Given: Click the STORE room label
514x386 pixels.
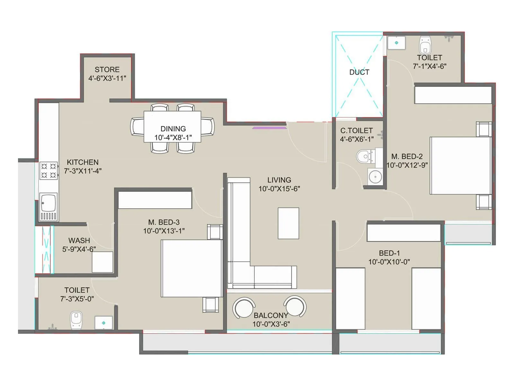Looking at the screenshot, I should click(107, 69).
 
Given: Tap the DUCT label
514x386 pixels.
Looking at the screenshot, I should click(359, 72).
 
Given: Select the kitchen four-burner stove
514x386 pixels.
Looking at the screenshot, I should click(49, 170).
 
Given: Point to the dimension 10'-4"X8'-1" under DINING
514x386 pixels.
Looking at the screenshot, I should click(173, 138).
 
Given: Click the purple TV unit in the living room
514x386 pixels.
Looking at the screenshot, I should click(269, 128).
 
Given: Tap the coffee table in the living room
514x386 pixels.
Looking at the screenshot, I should click(288, 223).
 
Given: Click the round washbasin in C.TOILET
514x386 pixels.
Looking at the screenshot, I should click(375, 177).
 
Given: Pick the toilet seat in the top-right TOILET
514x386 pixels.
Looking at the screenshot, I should click(425, 45).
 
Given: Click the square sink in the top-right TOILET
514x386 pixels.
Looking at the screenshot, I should click(396, 43).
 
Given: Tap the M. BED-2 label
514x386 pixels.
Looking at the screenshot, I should click(407, 157).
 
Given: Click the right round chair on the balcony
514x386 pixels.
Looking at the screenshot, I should click(295, 306).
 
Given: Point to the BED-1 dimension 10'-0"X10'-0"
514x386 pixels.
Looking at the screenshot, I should click(389, 262).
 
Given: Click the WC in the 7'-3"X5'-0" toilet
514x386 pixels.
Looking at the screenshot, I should click(76, 320).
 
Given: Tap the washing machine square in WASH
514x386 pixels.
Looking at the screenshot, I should click(102, 262).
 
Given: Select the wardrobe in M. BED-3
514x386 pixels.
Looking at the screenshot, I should click(155, 200).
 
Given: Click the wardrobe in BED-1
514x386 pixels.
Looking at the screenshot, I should click(404, 233).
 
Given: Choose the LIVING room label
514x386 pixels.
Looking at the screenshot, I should click(279, 180).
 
